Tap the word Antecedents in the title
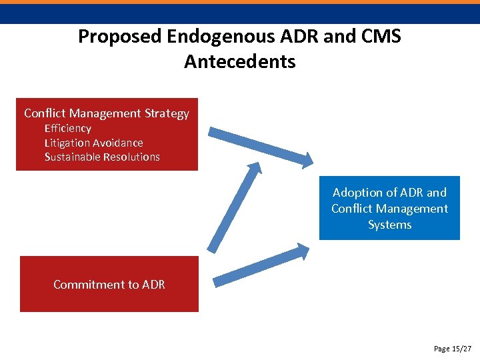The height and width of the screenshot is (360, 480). click(x=240, y=62)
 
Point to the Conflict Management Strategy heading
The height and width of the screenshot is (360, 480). click(x=107, y=113)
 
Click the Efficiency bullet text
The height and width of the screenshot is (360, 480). click(x=67, y=128)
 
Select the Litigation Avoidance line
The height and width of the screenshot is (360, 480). click(x=93, y=143)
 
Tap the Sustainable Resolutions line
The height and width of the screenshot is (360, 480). click(x=102, y=157)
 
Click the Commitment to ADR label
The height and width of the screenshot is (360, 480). click(x=109, y=285)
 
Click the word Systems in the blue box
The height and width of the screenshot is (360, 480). click(x=389, y=225)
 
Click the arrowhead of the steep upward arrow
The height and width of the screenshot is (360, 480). click(x=253, y=171)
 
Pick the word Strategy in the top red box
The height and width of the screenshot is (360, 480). click(x=167, y=113)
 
